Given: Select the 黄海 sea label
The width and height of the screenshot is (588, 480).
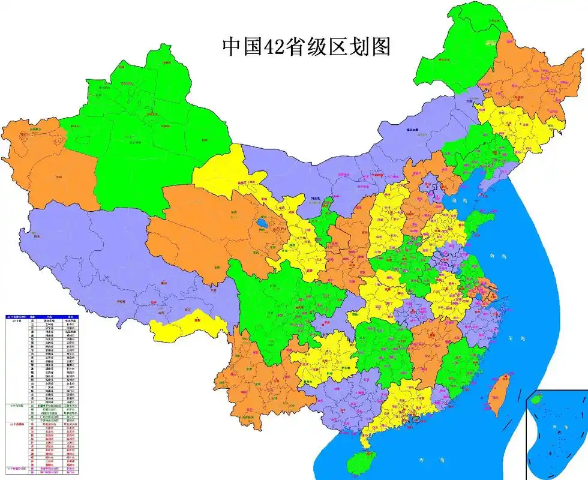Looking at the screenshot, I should point(497,256).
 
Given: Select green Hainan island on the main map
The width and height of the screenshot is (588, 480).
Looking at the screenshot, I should point(361,463).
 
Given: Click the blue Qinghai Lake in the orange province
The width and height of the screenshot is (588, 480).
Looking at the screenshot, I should point(262,225).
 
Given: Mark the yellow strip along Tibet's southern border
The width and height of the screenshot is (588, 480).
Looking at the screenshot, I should point(186,324).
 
